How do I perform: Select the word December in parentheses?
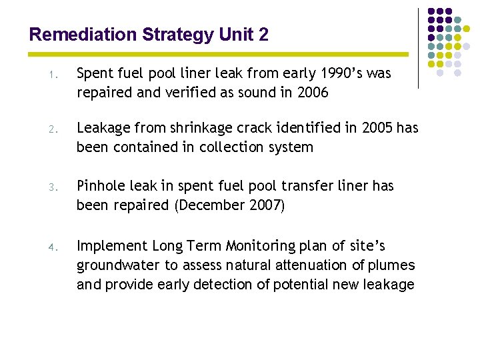point(210,205)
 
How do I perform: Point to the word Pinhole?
point(101,186)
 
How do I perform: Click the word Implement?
point(111,246)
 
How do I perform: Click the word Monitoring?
point(258,246)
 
